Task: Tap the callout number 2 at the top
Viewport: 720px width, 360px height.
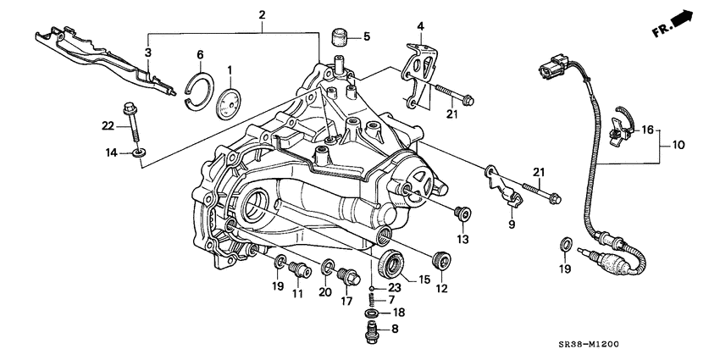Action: (x=262, y=15)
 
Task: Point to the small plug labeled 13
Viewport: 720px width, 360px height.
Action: (x=462, y=212)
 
